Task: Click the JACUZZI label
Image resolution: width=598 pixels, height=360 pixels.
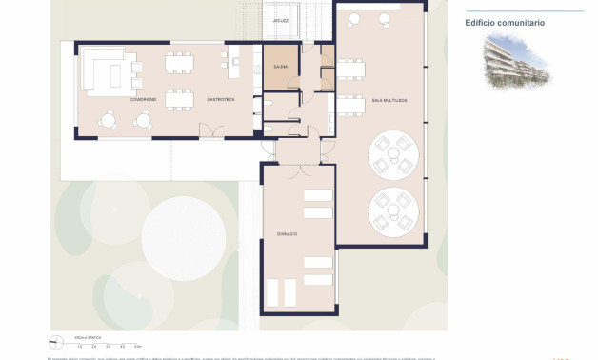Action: click(280, 20)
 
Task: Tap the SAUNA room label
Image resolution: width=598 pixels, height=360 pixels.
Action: click(280, 67)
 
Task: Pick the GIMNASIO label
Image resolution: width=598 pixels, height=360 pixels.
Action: click(288, 233)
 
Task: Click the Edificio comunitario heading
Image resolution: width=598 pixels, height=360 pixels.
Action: click(505, 23)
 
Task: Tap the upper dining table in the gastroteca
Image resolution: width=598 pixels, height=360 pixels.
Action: click(178, 63)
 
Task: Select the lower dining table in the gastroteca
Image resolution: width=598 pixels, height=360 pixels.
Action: click(178, 99)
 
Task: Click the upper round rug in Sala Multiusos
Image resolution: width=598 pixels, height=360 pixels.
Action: click(391, 154)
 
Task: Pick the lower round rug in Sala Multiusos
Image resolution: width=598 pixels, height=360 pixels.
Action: click(391, 210)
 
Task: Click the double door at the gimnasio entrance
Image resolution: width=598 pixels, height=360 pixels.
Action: click(298, 165)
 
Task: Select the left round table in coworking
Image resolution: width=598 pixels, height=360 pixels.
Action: click(110, 120)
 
